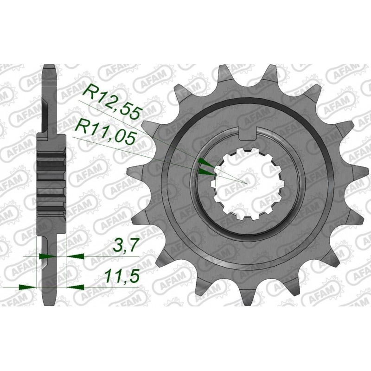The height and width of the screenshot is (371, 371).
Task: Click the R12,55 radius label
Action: (111, 98)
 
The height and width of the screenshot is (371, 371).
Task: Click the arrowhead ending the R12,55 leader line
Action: (205, 162)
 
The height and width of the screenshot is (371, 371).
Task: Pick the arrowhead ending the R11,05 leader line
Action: (205, 171)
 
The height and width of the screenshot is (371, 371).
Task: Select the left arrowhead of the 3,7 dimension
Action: (47, 256)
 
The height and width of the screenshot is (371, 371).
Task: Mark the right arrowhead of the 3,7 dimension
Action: (73, 256)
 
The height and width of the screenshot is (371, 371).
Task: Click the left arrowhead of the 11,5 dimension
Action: (28, 287)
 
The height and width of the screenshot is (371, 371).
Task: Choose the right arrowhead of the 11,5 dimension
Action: (75, 287)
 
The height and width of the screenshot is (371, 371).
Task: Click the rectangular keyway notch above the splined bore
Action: (249, 133)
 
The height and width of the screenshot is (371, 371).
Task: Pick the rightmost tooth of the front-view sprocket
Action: (357, 180)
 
